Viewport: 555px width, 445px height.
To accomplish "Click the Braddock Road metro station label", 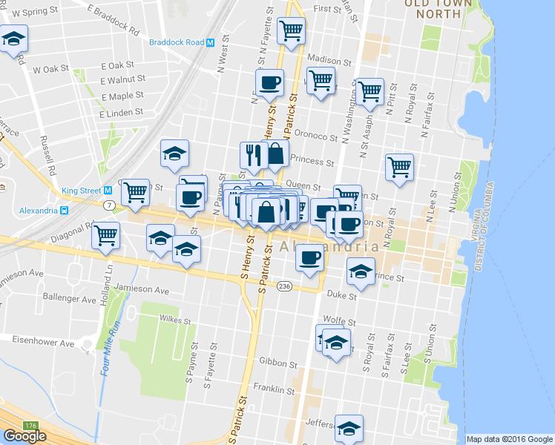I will point(177,42).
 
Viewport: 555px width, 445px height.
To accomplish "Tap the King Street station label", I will point(81,191).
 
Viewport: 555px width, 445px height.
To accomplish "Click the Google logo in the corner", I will point(24,436).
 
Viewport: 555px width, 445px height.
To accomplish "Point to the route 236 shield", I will point(283,286).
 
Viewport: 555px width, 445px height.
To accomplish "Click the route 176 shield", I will point(30,425).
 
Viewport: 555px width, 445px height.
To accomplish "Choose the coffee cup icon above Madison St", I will point(269,82).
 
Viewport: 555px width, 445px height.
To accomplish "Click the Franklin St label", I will point(275,388).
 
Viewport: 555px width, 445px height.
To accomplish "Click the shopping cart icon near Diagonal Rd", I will point(106,234).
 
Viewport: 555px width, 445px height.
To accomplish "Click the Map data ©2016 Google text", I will point(509,439).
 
